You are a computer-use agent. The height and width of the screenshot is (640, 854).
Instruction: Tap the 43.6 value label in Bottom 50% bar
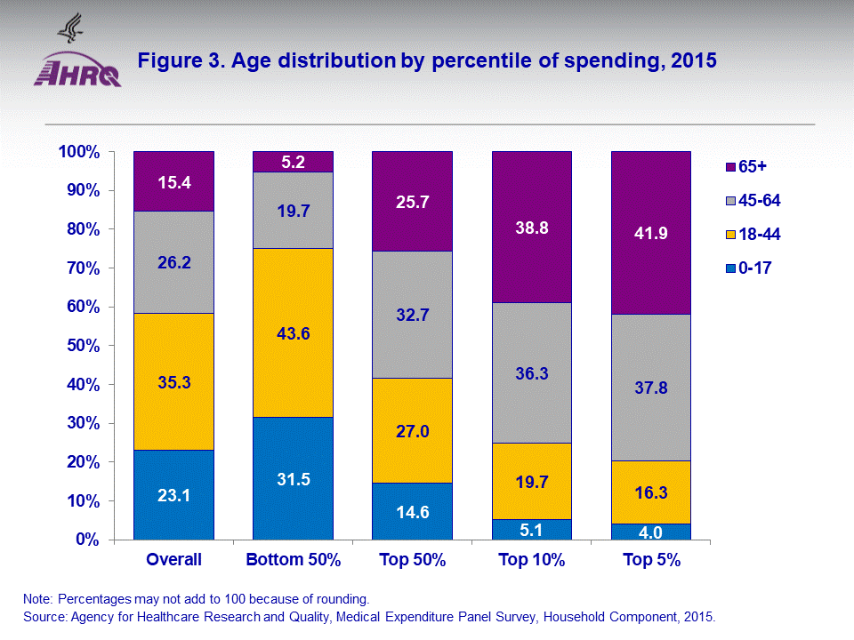pyautogui.click(x=293, y=333)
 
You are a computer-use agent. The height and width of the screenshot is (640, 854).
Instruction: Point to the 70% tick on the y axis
pyautogui.click(x=78, y=268)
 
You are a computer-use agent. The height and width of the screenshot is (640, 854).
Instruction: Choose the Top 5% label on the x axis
pyautogui.click(x=651, y=561)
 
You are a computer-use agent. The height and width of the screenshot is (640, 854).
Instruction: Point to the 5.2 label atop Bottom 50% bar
pyautogui.click(x=293, y=162)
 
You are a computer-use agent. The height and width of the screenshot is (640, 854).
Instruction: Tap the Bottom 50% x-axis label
pyautogui.click(x=293, y=561)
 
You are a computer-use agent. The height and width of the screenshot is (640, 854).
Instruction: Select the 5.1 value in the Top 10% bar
pyautogui.click(x=532, y=530)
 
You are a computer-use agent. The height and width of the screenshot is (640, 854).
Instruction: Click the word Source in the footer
pyautogui.click(x=45, y=616)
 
